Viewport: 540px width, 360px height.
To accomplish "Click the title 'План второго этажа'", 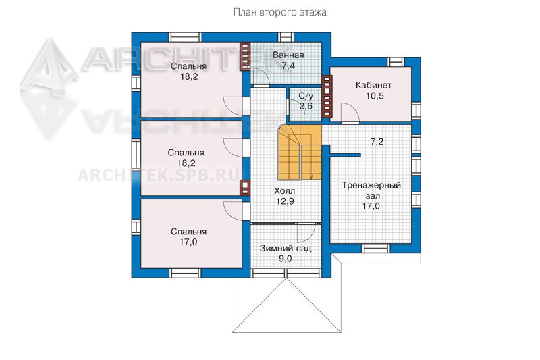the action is pyautogui.click(x=279, y=13).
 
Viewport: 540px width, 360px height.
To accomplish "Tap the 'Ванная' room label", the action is pyautogui.click(x=288, y=55).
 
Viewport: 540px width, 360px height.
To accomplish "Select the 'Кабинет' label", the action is pyautogui.click(x=374, y=85).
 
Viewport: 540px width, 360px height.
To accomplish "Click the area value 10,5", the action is pyautogui.click(x=375, y=96).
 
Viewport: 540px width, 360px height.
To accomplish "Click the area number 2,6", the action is pyautogui.click(x=306, y=106).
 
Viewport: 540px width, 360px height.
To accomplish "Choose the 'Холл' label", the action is pyautogui.click(x=284, y=190).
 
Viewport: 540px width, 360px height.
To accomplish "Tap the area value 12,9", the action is pyautogui.click(x=285, y=201).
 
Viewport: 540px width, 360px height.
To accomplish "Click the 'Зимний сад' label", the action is pyautogui.click(x=286, y=248).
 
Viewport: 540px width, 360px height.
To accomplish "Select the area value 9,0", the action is pyautogui.click(x=285, y=259).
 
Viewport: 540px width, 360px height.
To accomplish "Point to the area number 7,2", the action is pyautogui.click(x=377, y=142).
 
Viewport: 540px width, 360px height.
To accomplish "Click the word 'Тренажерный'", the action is pyautogui.click(x=371, y=185).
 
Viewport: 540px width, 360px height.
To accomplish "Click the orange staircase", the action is pyautogui.click(x=300, y=152).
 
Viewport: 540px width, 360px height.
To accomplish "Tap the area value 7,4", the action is pyautogui.click(x=288, y=66).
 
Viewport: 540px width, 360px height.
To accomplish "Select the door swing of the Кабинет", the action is pyautogui.click(x=350, y=113).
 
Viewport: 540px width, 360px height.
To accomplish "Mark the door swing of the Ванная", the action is pyautogui.click(x=260, y=76).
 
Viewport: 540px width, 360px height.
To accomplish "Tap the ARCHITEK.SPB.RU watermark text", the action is pyautogui.click(x=159, y=175).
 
